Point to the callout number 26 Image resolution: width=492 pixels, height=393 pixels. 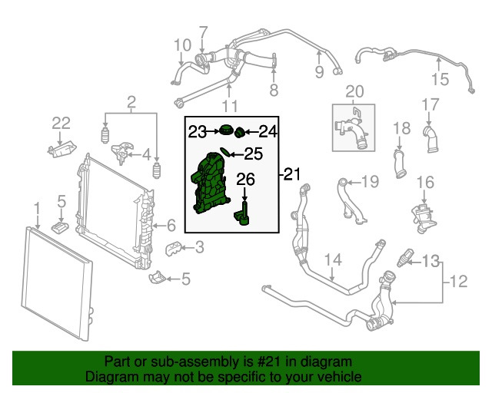click(244, 180)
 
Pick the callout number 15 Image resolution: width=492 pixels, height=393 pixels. click(438, 78)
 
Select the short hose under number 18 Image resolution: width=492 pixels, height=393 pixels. click(399, 163)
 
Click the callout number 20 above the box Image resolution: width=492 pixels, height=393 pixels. click(353, 92)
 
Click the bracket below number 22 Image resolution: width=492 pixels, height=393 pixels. click(61, 147)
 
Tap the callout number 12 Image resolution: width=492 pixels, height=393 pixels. click(459, 282)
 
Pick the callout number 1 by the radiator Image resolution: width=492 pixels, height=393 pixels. click(36, 207)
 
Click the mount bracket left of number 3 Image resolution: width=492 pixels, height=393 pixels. click(175, 249)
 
